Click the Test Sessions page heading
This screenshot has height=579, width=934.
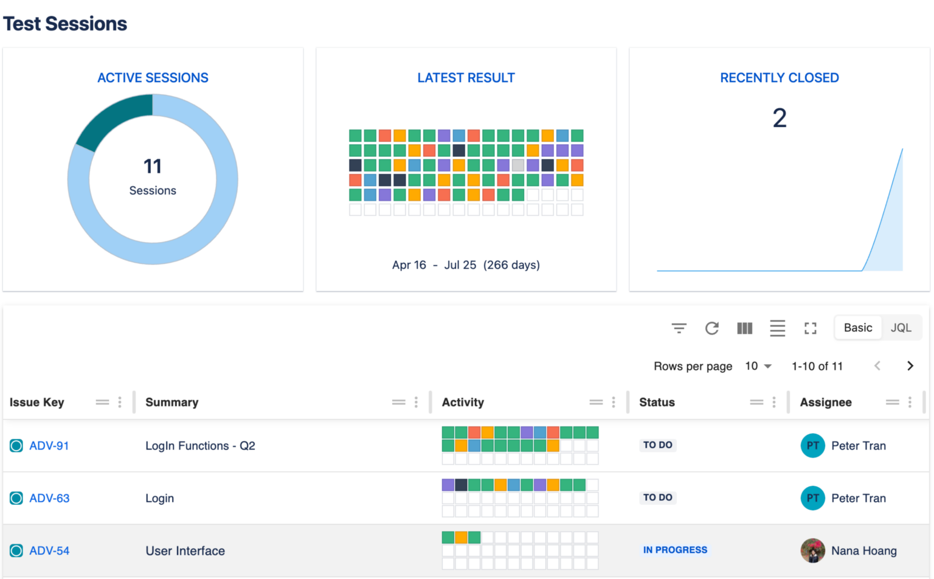65,24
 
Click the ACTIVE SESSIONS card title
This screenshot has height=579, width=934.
153,78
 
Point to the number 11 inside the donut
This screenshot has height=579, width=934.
152,166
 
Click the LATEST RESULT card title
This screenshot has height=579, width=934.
466,78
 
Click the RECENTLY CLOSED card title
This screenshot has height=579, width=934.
779,78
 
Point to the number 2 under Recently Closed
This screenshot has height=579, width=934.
779,118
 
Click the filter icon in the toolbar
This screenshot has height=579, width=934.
679,328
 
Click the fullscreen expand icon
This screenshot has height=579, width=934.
810,328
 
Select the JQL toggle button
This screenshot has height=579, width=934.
901,328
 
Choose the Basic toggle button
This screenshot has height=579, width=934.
857,328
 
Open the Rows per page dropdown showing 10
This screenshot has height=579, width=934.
758,366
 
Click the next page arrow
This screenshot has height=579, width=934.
910,366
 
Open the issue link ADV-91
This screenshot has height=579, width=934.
49,446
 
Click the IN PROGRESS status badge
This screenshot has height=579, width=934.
675,550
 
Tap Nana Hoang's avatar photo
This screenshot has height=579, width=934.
812,550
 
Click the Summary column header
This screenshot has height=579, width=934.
172,403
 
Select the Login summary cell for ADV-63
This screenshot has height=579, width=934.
160,498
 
